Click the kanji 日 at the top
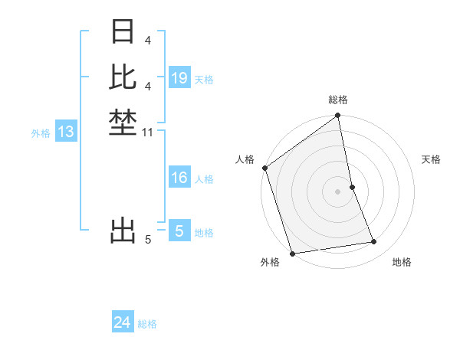(123, 32)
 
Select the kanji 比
(123, 77)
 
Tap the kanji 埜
(123, 123)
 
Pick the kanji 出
(123, 230)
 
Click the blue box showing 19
(179, 78)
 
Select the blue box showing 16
(179, 178)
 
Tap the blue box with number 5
(179, 231)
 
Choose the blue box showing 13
(66, 132)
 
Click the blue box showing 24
(123, 323)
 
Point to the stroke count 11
(148, 133)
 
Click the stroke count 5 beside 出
(148, 240)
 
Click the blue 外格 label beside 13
(41, 133)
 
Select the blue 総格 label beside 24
(147, 324)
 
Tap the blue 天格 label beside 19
(204, 79)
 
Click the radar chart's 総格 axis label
(338, 100)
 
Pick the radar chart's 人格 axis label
(245, 159)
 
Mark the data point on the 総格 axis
(338, 116)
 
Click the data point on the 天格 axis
(352, 187)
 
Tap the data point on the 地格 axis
(374, 242)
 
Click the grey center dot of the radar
(338, 191)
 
